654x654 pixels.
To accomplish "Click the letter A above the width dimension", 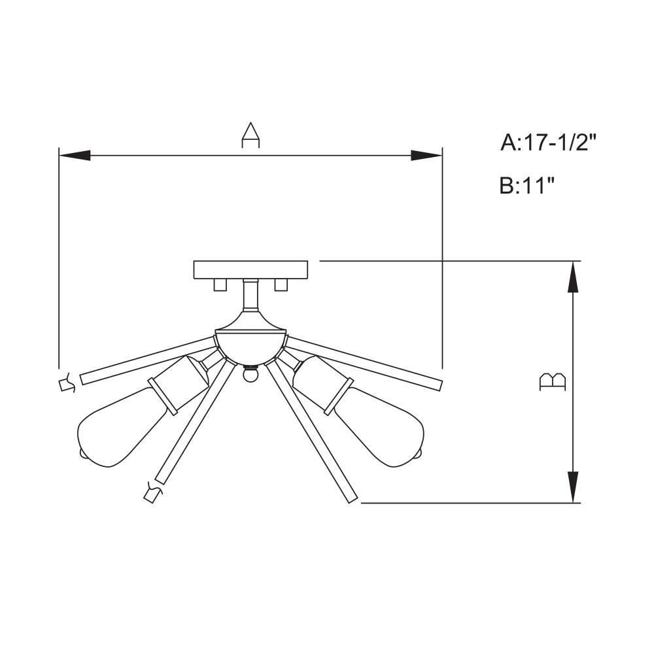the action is (x=250, y=135).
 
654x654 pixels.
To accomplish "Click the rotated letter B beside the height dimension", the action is (x=553, y=382).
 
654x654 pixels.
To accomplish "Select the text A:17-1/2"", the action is (x=549, y=143).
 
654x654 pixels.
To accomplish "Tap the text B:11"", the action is (x=528, y=186).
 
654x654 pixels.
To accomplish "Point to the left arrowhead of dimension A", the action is (x=75, y=156).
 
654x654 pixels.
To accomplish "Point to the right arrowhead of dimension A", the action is (x=426, y=156).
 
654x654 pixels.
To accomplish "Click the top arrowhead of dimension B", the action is (x=574, y=277).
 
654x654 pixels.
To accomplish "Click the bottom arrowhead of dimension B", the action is (x=574, y=487).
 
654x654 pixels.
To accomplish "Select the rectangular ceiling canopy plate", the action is (x=250, y=270).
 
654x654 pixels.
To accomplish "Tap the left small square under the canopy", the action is (x=220, y=285).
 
